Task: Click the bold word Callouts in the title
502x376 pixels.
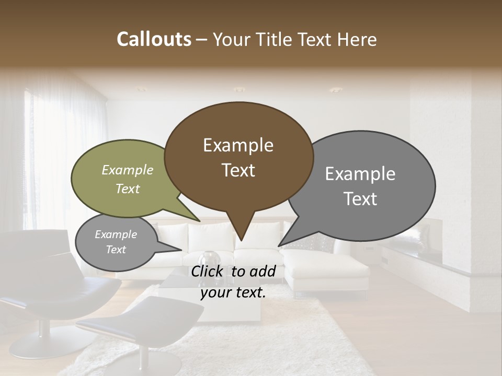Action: pyautogui.click(x=154, y=39)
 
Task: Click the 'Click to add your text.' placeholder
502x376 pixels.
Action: pyautogui.click(x=233, y=281)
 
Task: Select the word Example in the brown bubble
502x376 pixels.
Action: pyautogui.click(x=238, y=145)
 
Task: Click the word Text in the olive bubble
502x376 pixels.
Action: pyautogui.click(x=128, y=189)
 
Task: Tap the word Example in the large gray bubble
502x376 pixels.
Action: pyautogui.click(x=360, y=174)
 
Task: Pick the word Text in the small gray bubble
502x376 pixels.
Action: pyautogui.click(x=116, y=250)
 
